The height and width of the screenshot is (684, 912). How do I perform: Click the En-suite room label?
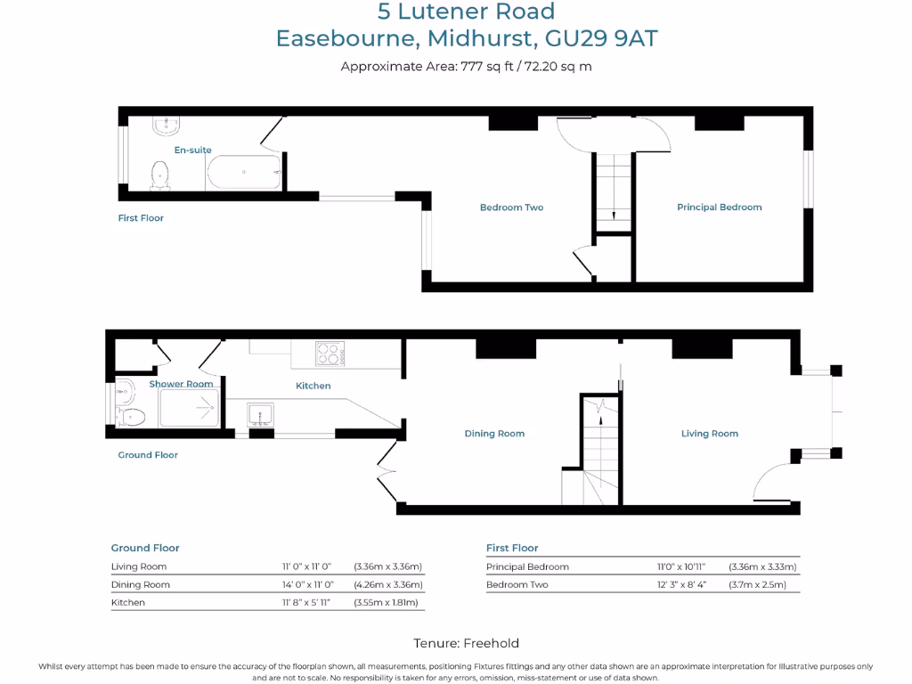pos(192,151)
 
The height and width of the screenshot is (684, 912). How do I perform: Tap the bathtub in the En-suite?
pos(244,172)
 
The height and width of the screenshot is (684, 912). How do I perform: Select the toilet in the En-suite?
pos(161,174)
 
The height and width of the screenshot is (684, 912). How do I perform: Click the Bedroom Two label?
pos(511,208)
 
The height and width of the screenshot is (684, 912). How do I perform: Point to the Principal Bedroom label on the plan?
pos(719,208)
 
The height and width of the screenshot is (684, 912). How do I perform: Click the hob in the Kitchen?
pos(330,354)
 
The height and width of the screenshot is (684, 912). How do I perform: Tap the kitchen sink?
pos(260,415)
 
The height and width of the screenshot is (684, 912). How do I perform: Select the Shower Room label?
pos(181,384)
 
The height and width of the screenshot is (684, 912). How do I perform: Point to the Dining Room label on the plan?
pos(494,434)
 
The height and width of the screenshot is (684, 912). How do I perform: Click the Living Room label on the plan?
pos(709,434)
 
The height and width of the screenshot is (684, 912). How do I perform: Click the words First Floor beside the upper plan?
pos(141,218)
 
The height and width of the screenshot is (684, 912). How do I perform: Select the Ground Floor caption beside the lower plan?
pos(148,455)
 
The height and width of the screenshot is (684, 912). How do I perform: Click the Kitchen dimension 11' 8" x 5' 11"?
pos(306,603)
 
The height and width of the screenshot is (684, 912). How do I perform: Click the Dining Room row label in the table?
pos(140,585)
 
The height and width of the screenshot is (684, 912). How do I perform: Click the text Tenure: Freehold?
pos(466,643)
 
